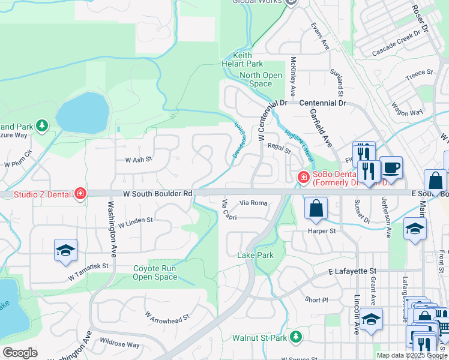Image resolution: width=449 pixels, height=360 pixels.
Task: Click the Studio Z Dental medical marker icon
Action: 80,193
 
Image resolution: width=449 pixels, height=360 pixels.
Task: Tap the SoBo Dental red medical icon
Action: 304,177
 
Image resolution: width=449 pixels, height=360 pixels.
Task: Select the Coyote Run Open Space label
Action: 155,273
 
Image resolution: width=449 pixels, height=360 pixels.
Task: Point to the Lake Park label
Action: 255,255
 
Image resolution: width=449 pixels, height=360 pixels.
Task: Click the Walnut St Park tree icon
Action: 295,337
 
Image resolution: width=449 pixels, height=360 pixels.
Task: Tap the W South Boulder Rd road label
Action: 158,194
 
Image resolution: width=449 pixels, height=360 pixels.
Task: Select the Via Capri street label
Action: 229,210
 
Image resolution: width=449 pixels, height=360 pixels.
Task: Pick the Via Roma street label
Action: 253,203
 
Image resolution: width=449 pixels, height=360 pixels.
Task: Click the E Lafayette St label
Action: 352,272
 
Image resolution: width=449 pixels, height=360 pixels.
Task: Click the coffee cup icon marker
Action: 391,167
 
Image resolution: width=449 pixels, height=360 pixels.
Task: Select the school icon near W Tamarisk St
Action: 65,251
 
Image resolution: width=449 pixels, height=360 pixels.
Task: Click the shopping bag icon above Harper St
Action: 316,208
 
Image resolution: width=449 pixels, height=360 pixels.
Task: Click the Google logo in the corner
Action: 20,353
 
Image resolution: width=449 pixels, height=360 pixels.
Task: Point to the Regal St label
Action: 279,148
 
